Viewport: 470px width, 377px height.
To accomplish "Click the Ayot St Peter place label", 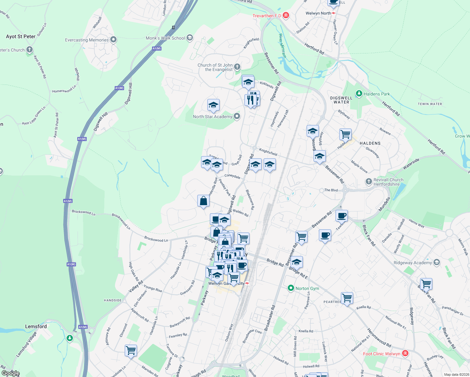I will click(x=21, y=36).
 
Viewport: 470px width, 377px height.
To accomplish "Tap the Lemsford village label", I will click(x=36, y=326).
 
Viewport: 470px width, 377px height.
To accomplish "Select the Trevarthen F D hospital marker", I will click(x=286, y=15).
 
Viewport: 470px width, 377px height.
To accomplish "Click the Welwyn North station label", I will click(x=318, y=13).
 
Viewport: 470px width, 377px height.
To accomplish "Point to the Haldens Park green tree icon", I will click(x=359, y=94).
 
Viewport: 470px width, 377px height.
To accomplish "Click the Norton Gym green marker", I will click(x=291, y=288).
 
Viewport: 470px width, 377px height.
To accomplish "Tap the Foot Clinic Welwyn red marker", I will click(x=405, y=353).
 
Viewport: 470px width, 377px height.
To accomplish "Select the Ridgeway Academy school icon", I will click(x=436, y=262).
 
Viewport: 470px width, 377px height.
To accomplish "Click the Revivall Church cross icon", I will click(x=369, y=182).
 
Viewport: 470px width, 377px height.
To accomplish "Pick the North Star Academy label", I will click(x=212, y=117).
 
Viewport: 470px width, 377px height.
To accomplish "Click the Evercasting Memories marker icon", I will click(x=113, y=40).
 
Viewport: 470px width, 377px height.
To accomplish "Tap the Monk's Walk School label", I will click(x=165, y=38).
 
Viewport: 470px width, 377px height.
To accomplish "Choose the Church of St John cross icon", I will click(x=237, y=67).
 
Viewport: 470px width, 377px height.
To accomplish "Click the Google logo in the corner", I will click(x=10, y=373).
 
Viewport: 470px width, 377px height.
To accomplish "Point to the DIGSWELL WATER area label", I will click(x=341, y=100).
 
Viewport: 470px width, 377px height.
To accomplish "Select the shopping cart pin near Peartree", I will click(x=347, y=297).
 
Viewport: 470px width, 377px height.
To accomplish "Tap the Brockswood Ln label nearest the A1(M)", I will click(x=83, y=212).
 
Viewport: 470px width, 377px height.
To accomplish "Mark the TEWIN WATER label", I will click(x=430, y=104).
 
